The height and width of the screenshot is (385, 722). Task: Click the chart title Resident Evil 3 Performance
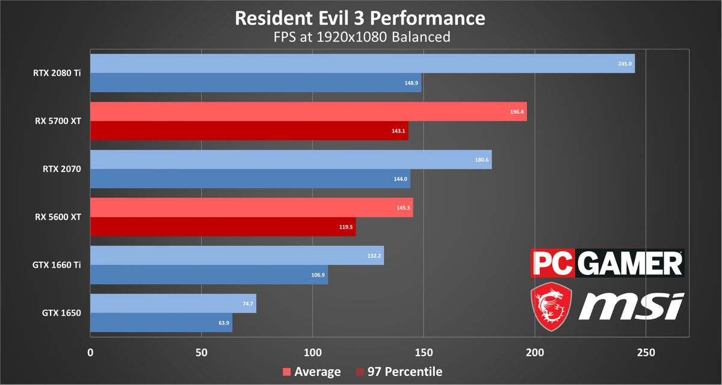click(360, 17)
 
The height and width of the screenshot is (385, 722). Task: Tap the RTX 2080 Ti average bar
click(361, 63)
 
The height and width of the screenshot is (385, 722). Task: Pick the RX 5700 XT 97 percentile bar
click(249, 131)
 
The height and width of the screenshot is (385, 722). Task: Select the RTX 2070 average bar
click(291, 159)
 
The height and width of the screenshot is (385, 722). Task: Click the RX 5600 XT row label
click(58, 217)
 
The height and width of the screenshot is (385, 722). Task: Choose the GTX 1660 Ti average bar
click(236, 255)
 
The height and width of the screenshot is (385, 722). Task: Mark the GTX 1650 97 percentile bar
click(161, 322)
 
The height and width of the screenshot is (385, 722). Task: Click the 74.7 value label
click(247, 304)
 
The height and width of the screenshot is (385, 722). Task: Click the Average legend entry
click(312, 372)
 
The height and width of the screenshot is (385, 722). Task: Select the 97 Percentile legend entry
click(400, 372)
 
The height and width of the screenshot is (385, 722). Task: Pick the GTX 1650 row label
click(61, 313)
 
